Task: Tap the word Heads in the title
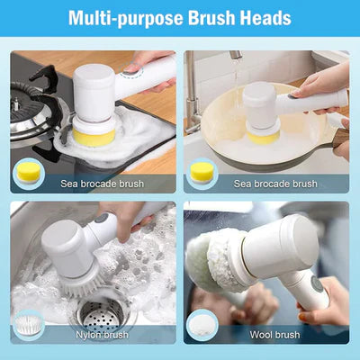(x=263, y=18)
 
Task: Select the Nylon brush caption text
(x=102, y=335)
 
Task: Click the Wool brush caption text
(x=275, y=335)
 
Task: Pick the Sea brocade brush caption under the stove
(x=101, y=184)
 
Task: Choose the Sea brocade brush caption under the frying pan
(x=275, y=184)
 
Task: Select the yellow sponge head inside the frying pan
(x=262, y=136)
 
